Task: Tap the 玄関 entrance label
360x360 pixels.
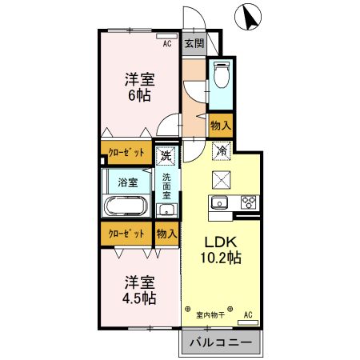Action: pos(194,43)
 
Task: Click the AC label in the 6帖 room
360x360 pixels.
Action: pos(167,45)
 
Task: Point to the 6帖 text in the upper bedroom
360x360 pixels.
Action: pos(138,95)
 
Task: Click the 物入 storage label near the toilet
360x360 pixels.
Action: pos(221,125)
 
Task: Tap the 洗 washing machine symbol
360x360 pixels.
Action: pos(166,154)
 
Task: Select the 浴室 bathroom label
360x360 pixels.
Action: pos(128,182)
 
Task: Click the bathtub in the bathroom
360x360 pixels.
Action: pos(126,208)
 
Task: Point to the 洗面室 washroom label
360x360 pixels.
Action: pos(166,186)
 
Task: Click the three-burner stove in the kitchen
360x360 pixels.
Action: pos(246,202)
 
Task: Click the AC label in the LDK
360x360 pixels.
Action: pos(247,314)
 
